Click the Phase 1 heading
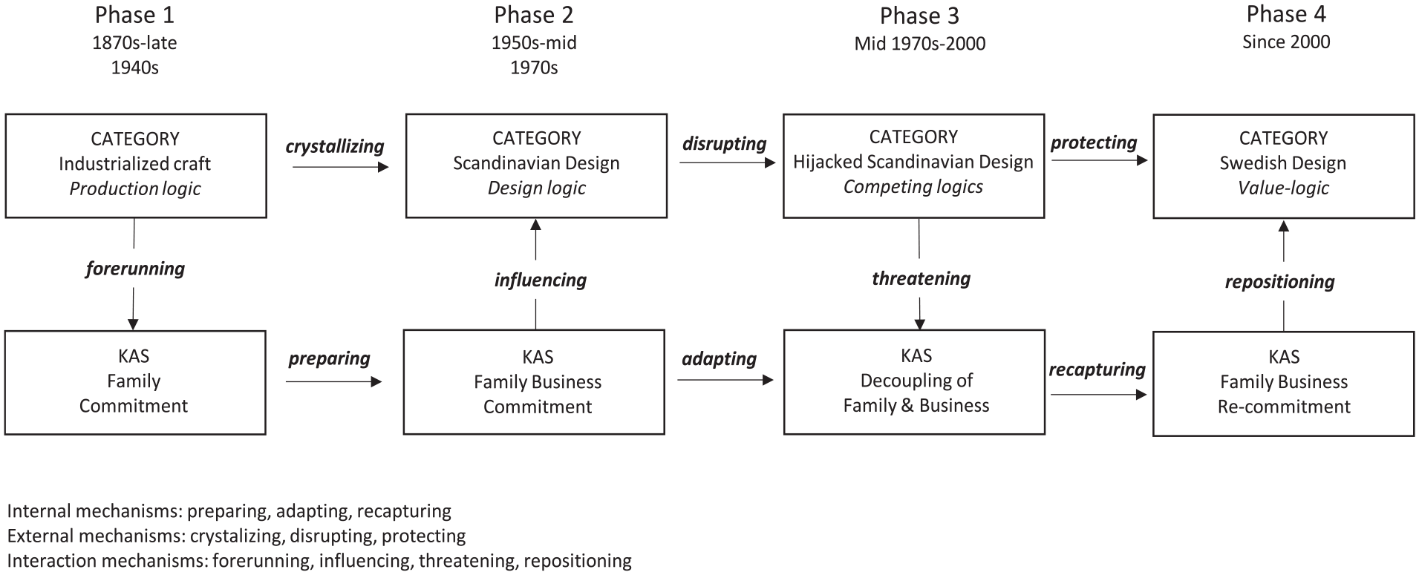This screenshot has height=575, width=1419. point(134,15)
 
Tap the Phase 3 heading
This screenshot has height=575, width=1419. point(919,16)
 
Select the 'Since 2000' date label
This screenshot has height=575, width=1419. point(1286,42)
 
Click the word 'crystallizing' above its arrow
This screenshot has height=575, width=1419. point(335,146)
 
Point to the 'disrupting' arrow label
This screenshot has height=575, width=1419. point(724,143)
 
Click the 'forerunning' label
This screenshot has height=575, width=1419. point(135,269)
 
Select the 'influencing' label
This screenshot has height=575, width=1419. point(541,280)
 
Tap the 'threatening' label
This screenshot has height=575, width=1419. point(921,278)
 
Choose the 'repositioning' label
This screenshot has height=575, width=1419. point(1279,282)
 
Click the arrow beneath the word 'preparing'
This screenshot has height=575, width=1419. point(333,381)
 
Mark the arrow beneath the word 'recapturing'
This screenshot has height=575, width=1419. point(1099,395)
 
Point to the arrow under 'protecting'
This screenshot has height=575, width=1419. point(1100,160)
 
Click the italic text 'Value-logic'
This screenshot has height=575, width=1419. point(1283,188)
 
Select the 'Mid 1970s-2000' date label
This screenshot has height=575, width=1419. point(920,44)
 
